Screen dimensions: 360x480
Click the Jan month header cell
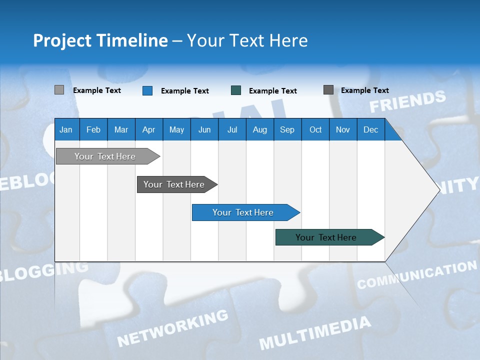pos(66,129)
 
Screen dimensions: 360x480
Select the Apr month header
pos(148,129)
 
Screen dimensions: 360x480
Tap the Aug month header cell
pos(259,129)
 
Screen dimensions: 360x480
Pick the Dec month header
pos(370,129)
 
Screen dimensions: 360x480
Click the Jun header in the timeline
pos(204,129)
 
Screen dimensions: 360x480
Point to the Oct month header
pos(315,129)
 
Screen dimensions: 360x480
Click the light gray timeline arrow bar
pos(105,156)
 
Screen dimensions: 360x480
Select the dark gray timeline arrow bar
pos(174,184)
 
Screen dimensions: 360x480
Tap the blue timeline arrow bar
pos(243,212)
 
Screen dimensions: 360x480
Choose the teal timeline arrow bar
pos(326,237)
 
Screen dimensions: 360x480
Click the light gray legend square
pos(59,90)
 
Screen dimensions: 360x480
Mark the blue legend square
pos(147,90)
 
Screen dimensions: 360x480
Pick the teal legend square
pos(235,90)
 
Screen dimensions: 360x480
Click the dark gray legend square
pos(328,90)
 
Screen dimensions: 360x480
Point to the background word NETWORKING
pos(172,327)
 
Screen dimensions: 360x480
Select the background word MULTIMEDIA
pos(315,332)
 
